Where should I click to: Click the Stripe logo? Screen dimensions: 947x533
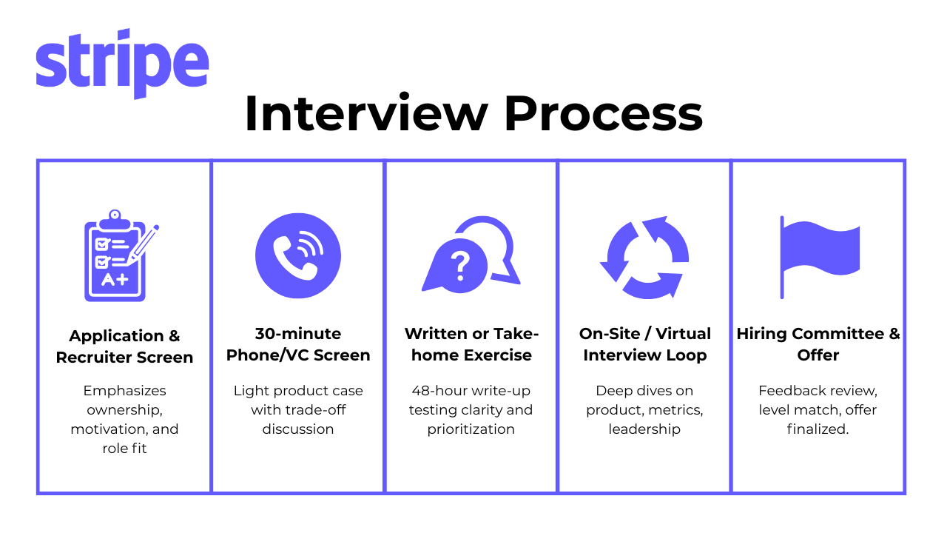tap(123, 64)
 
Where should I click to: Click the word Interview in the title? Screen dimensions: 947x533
tap(366, 113)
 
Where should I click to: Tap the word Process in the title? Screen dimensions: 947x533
tap(603, 113)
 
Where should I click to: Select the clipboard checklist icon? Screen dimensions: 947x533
tap(121, 255)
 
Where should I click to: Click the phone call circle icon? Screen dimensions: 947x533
tap(298, 255)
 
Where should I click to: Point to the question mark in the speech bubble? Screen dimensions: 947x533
tap(461, 266)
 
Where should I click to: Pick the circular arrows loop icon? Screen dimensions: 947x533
tap(644, 257)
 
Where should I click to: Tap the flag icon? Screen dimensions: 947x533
tap(819, 257)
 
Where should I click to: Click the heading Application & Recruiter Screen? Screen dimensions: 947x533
tap(124, 346)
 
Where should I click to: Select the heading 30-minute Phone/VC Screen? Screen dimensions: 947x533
tap(298, 344)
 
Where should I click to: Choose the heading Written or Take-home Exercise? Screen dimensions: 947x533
tap(471, 344)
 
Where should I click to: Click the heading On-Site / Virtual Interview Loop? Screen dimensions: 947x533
tap(644, 344)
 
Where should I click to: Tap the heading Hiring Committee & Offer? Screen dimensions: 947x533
tap(818, 344)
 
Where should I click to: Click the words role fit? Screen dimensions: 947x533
tap(124, 449)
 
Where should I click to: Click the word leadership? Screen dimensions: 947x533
tap(644, 429)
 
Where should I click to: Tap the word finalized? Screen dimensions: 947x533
tap(818, 429)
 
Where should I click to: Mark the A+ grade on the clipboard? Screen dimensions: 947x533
tap(115, 280)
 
